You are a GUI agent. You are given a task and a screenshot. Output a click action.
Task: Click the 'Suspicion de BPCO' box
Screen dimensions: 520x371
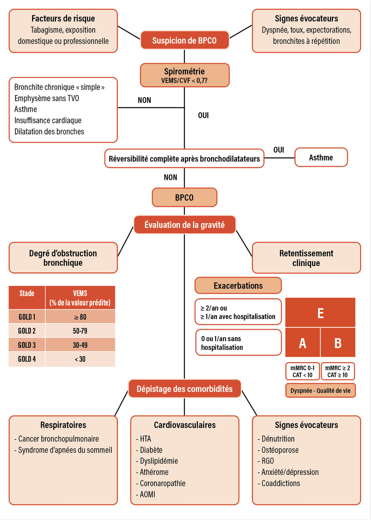(184, 41)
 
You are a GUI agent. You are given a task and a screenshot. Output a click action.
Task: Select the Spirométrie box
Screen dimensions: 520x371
(184, 75)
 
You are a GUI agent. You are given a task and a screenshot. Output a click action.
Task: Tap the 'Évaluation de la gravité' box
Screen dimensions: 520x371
(184, 224)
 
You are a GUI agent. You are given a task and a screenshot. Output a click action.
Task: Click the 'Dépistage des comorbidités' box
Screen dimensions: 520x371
(184, 389)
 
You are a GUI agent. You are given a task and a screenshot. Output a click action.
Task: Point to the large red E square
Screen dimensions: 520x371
(320, 313)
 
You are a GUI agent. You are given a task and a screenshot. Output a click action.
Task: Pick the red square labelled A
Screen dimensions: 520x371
(302, 343)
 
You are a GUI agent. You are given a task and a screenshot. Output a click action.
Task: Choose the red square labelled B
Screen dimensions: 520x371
(338, 343)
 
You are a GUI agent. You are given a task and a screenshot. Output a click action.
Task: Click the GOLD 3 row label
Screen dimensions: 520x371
(27, 345)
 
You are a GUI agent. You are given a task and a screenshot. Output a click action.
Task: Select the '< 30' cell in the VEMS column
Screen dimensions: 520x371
(80, 359)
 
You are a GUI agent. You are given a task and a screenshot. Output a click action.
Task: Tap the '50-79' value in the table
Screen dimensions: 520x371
(80, 331)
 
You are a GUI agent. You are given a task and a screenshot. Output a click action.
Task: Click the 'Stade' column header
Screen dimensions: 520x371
(27, 293)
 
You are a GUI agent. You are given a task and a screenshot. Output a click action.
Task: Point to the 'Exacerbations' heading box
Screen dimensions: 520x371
(238, 286)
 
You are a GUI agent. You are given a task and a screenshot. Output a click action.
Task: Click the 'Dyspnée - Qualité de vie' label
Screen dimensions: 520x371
(320, 391)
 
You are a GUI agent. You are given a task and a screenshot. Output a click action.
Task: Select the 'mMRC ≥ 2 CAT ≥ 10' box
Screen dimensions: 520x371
(338, 371)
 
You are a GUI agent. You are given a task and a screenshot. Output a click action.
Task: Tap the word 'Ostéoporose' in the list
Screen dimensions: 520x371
(280, 450)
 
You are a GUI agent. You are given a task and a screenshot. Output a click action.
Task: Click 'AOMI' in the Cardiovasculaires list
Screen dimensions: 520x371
(147, 494)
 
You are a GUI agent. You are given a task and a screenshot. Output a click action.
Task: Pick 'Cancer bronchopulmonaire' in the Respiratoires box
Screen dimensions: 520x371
(58, 439)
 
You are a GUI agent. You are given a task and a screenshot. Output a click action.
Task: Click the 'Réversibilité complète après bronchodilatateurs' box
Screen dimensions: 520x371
(184, 158)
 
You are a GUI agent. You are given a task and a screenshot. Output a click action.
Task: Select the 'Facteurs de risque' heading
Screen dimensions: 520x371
(63, 19)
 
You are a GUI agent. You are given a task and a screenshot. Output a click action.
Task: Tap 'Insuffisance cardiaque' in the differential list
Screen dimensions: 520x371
(48, 120)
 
